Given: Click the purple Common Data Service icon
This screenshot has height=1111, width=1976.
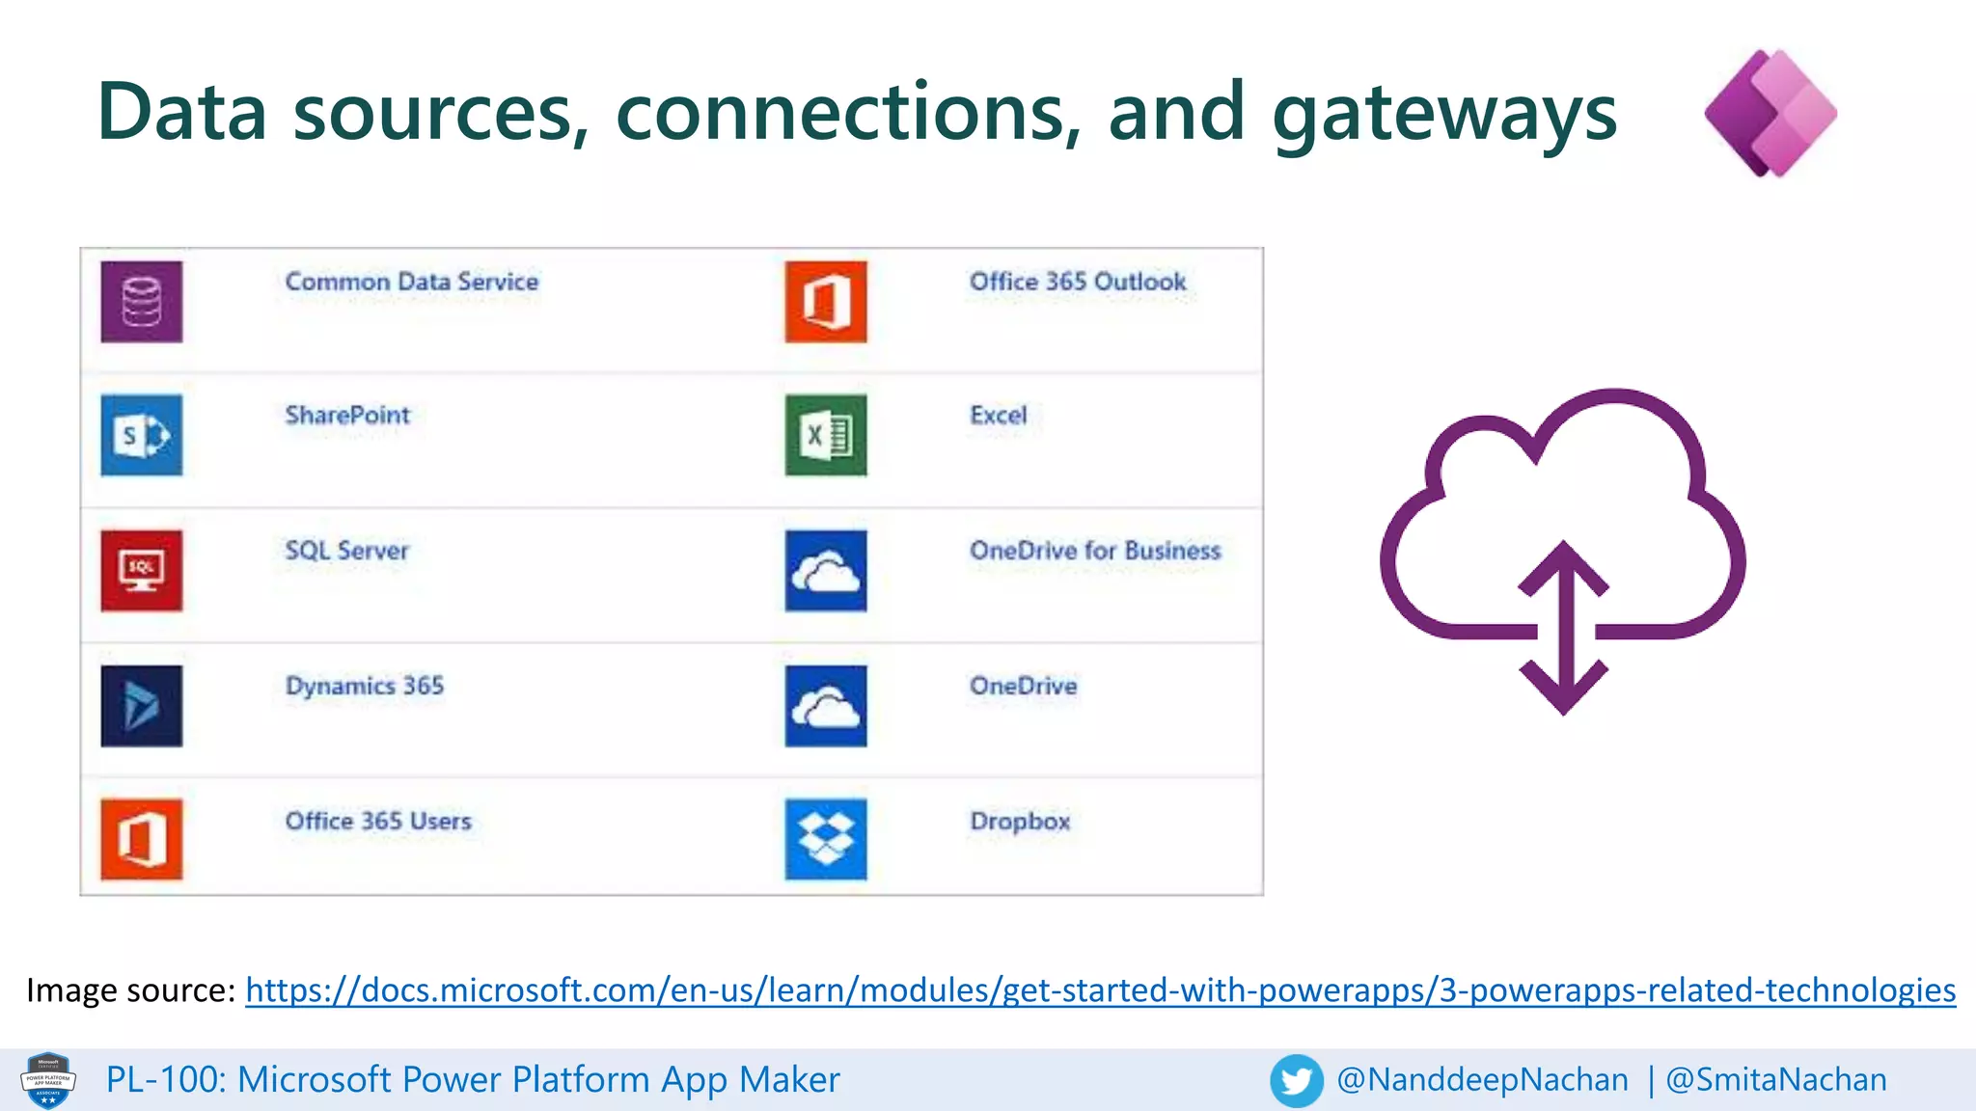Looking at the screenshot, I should point(141,302).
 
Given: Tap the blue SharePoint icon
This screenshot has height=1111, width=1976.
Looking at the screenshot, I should point(141,435).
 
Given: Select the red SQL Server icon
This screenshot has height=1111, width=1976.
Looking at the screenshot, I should point(141,570).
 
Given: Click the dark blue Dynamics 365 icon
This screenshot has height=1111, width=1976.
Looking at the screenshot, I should point(141,705).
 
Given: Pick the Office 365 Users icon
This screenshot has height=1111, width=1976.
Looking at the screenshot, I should point(141,839).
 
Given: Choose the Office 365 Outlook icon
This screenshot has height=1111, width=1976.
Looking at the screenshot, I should point(826,302).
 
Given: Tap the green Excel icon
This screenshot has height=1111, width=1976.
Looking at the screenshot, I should point(826,435).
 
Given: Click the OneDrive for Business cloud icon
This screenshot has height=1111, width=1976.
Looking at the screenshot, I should point(826,570).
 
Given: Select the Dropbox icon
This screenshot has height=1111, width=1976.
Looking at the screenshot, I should point(826,839).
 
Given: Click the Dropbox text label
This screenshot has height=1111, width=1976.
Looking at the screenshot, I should point(1020,822).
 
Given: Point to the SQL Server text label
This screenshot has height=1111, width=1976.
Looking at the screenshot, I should point(346,551).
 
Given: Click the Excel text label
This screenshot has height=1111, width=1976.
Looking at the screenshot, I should point(998,416).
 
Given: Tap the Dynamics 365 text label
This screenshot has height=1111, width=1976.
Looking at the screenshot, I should point(365,686).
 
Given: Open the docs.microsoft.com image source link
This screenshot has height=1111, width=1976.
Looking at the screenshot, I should point(1100,990).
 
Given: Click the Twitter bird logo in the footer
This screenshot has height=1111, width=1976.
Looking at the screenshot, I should point(1296,1080).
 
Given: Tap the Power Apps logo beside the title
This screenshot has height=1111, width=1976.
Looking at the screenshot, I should point(1770,113).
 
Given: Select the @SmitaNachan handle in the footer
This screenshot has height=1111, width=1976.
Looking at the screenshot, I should point(1776,1080).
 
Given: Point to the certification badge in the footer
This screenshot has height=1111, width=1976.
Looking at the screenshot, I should point(48,1080).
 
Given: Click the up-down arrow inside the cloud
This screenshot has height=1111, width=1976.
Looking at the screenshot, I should point(1563,627).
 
